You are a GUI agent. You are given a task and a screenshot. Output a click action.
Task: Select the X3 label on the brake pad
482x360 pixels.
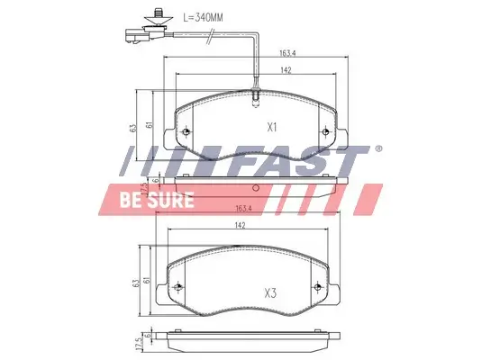click(269, 292)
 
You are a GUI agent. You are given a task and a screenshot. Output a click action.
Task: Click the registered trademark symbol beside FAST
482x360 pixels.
click(378, 149)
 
